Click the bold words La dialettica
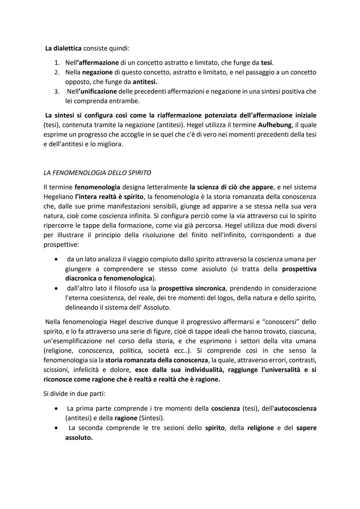point(63,48)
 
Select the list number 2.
point(57,72)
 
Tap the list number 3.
point(57,92)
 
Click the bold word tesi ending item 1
point(266,63)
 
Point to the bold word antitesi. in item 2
point(145,82)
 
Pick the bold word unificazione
point(99,91)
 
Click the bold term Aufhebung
point(278,125)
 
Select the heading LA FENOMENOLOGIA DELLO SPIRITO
point(97,173)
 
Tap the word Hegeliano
point(58,197)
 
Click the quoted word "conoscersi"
point(273,322)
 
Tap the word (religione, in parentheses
point(57,351)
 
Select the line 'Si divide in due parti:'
point(74,394)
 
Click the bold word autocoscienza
point(295,408)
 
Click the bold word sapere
point(306,428)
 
